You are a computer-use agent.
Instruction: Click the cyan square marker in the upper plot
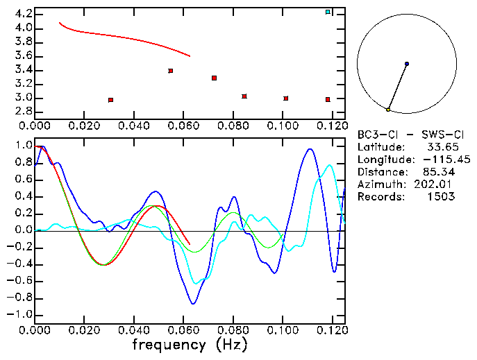point(328,12)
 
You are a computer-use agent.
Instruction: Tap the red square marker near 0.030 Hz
point(110,100)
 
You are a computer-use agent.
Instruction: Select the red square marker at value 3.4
point(170,71)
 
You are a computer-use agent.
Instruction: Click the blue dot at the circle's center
point(407,64)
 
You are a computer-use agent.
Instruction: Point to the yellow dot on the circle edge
point(388,110)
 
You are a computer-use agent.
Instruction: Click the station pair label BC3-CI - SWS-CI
point(406,135)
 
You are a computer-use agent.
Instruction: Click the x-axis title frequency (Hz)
point(190,345)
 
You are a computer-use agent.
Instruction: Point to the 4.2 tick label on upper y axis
point(23,14)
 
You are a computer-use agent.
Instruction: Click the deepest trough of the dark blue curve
point(193,303)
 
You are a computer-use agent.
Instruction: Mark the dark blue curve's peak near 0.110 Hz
point(310,149)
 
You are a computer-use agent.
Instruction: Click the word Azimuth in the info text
point(378,184)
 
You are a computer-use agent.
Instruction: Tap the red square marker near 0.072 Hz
point(214,78)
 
